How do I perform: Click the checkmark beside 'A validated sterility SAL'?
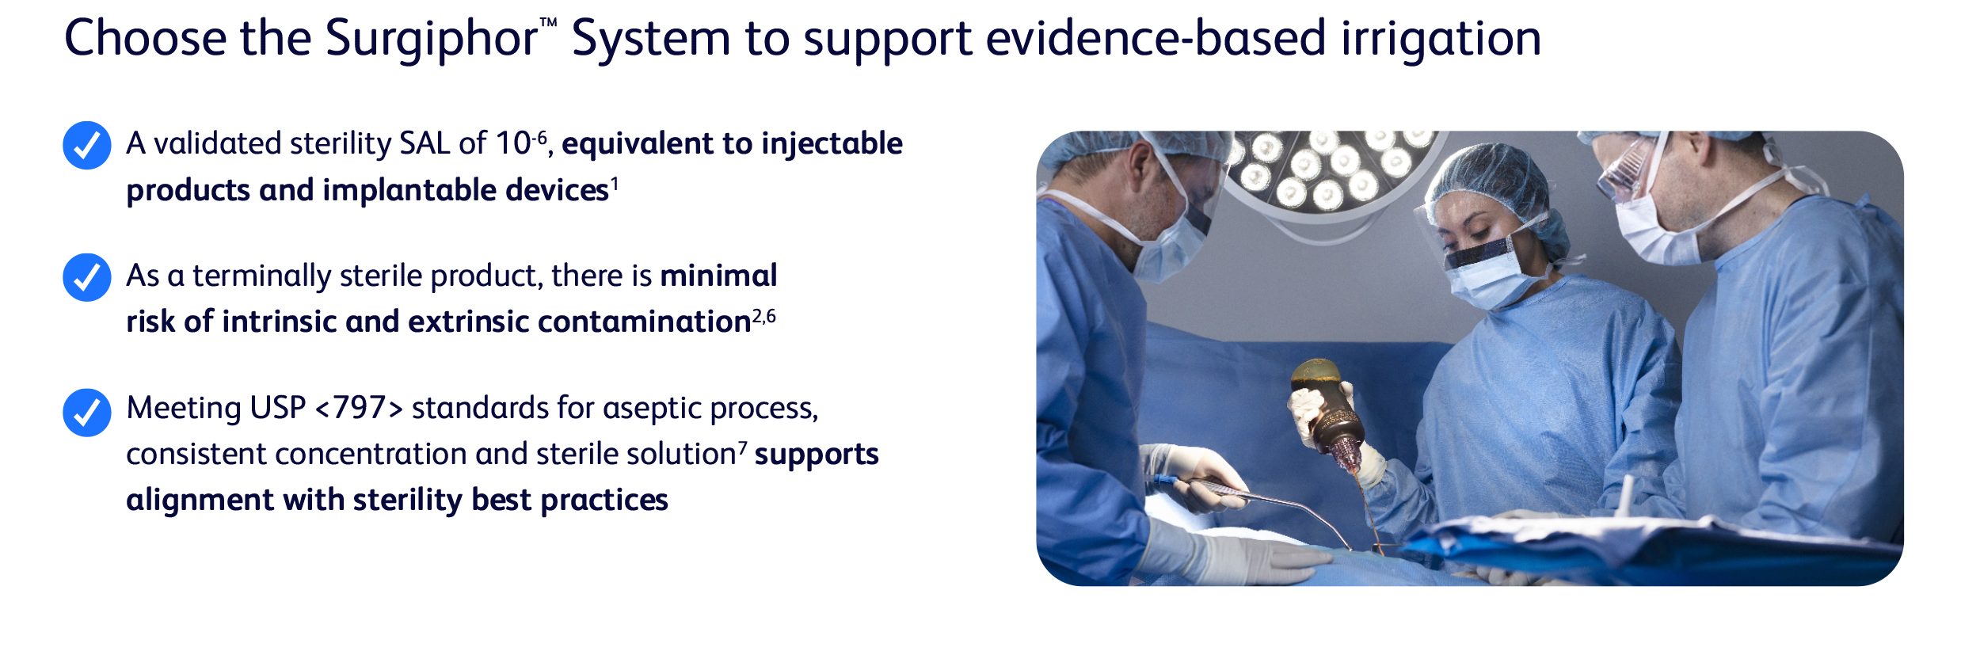point(87,145)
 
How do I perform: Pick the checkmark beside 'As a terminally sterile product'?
point(87,277)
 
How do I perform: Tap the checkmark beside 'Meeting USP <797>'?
point(87,412)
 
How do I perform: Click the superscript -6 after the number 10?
point(539,138)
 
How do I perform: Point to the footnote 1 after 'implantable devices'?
point(615,184)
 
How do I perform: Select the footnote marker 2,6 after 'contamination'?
point(764,316)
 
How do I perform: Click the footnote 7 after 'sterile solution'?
point(743,448)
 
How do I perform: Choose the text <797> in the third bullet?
point(360,409)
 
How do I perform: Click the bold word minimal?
point(718,276)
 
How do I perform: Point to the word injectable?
point(832,144)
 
